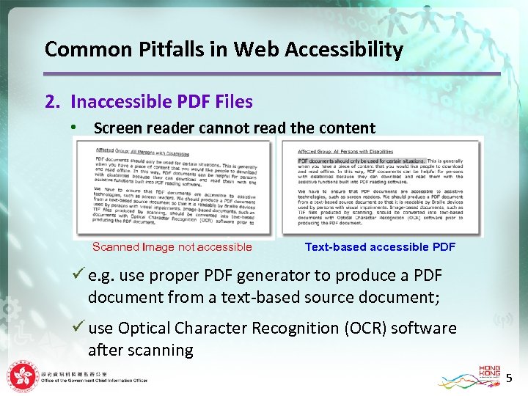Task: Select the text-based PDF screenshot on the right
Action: [x=381, y=187]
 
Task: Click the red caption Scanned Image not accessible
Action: [x=172, y=247]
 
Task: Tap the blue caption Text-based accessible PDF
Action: [x=380, y=247]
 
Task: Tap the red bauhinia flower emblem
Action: [x=21, y=377]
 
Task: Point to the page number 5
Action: [x=510, y=378]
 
